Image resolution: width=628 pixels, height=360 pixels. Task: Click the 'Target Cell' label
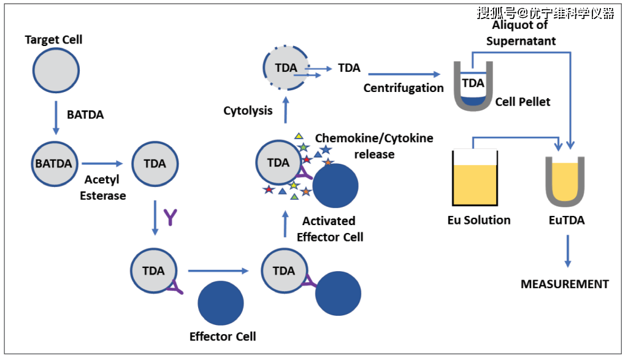tap(53, 40)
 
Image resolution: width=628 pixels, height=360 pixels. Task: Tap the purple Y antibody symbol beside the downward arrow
tap(171, 216)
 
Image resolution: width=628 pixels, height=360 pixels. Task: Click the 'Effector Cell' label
tap(223, 336)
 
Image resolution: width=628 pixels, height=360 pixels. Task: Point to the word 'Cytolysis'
tap(248, 111)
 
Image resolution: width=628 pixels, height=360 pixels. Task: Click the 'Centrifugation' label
tap(404, 88)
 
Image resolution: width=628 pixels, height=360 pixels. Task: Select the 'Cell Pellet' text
tap(523, 101)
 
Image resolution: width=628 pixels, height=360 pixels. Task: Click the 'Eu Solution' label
tap(479, 220)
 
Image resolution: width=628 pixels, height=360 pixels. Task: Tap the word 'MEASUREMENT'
tap(564, 284)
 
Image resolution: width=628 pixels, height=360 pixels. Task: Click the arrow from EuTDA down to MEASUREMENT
tap(567, 251)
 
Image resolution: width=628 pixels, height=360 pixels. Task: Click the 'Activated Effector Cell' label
tap(330, 228)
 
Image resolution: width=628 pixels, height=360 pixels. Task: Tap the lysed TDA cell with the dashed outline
tap(286, 68)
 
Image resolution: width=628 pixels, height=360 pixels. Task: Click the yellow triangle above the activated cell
tap(299, 136)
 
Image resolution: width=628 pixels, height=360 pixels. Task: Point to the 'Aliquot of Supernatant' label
tap(521, 34)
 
